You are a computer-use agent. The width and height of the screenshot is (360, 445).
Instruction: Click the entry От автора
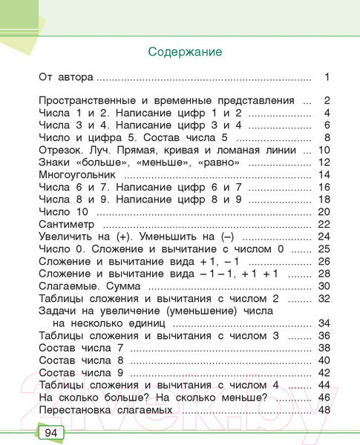pos(67,76)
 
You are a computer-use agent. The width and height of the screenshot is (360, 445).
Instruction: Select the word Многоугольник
pos(78,174)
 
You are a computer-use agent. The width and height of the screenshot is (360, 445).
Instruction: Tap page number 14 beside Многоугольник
pos(323,174)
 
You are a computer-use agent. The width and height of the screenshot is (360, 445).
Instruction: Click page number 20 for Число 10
pos(323,211)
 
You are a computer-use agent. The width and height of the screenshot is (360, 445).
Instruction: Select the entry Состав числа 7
pos(81,348)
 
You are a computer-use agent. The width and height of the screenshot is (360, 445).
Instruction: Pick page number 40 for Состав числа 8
pos(323,360)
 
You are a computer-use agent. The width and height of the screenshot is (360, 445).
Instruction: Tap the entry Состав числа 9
pos(81,373)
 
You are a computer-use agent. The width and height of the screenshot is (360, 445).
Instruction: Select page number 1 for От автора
pos(326,76)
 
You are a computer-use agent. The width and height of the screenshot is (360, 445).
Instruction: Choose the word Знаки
pos(54,162)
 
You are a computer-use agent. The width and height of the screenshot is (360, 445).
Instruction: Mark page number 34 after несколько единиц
pos(323,323)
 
